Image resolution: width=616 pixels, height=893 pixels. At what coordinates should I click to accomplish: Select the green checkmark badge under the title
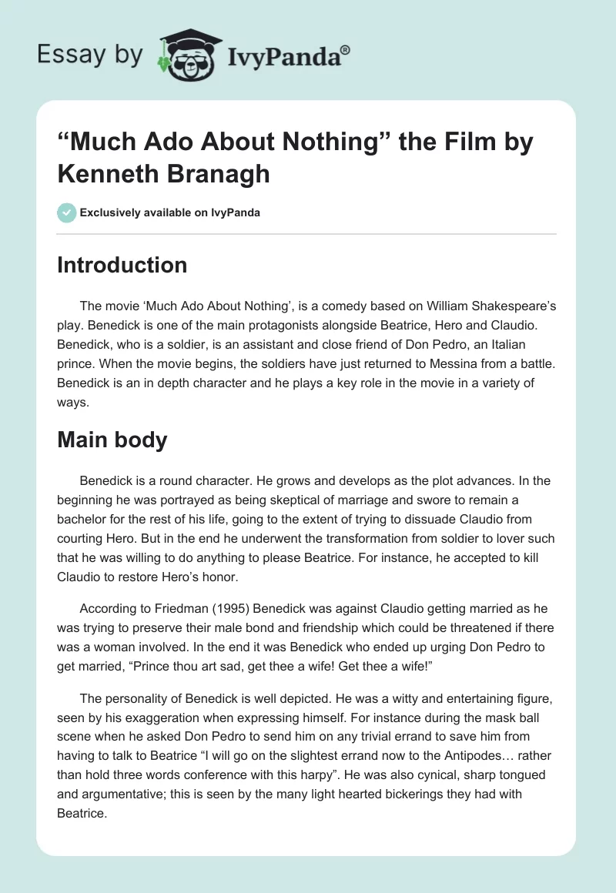click(67, 212)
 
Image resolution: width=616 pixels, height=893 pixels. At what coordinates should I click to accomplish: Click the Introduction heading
click(122, 265)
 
